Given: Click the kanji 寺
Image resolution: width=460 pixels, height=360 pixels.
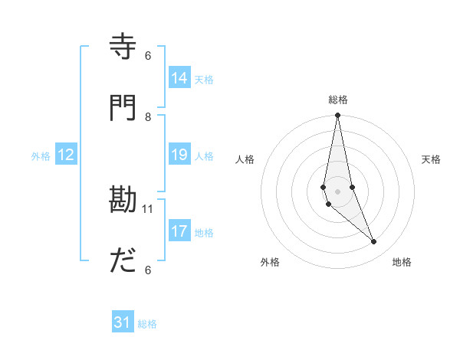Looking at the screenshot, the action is tap(123, 47).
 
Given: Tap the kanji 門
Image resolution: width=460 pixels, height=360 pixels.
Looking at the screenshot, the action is tap(123, 108).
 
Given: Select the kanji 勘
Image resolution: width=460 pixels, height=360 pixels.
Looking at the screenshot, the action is tap(123, 201).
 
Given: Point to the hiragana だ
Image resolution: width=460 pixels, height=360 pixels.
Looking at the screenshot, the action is tap(123, 261).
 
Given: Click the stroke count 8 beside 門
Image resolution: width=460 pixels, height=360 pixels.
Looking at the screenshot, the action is tap(148, 116).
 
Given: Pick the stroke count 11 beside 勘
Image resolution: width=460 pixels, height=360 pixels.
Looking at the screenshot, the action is tap(149, 208).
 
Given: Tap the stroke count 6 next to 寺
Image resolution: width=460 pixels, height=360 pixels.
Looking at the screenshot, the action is tap(148, 55).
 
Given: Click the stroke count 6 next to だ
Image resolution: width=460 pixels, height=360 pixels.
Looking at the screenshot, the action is tap(148, 270).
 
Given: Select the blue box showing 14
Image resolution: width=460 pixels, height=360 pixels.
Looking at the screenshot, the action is tap(179, 78).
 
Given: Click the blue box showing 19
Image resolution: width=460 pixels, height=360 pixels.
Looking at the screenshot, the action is tap(179, 155).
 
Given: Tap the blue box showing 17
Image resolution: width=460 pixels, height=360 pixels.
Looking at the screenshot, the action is tap(179, 231).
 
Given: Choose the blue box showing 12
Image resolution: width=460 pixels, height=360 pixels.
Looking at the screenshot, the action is tap(66, 155).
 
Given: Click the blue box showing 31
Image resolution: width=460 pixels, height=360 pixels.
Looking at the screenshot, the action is tap(123, 322).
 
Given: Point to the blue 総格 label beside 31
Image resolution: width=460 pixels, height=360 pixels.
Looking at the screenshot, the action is tap(147, 324).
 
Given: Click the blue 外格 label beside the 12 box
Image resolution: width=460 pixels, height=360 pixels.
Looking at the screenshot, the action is tap(41, 156).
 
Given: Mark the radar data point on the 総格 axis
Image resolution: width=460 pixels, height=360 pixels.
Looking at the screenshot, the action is tap(337, 116).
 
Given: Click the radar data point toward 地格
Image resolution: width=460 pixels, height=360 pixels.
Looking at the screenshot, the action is tap(374, 242).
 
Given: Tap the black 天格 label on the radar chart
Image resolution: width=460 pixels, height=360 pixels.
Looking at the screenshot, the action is tap(431, 159).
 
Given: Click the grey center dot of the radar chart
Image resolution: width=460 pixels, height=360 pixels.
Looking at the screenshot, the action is tap(337, 191).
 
